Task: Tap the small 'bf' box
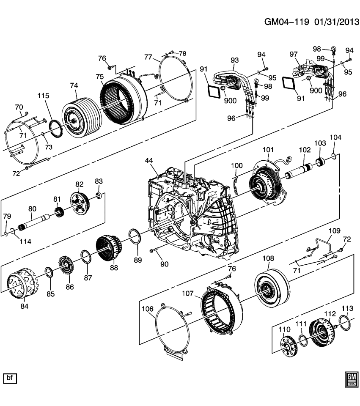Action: [9, 378]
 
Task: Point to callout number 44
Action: [149, 161]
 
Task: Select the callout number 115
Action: [43, 96]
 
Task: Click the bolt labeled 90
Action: [154, 252]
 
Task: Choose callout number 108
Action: [268, 258]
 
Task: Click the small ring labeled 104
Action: [334, 157]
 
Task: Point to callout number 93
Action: [235, 60]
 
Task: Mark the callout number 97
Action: [294, 54]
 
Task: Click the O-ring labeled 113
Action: [344, 324]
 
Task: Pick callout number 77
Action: [148, 57]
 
